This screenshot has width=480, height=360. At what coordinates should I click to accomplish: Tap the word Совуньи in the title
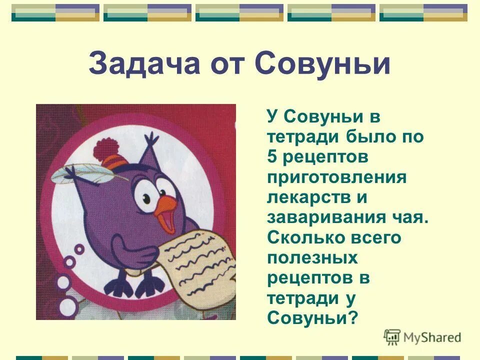[x=322, y=64]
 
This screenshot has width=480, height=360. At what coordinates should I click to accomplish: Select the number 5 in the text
[x=272, y=157]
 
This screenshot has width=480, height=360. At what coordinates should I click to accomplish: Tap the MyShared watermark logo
[x=422, y=337]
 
